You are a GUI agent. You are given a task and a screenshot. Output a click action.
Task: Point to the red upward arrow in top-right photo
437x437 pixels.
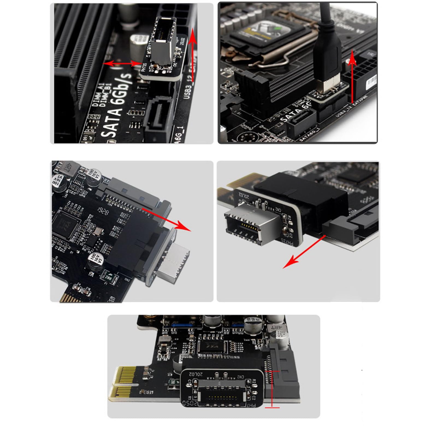(353, 76)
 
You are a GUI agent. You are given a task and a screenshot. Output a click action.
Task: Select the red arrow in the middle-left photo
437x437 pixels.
(167, 218)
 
